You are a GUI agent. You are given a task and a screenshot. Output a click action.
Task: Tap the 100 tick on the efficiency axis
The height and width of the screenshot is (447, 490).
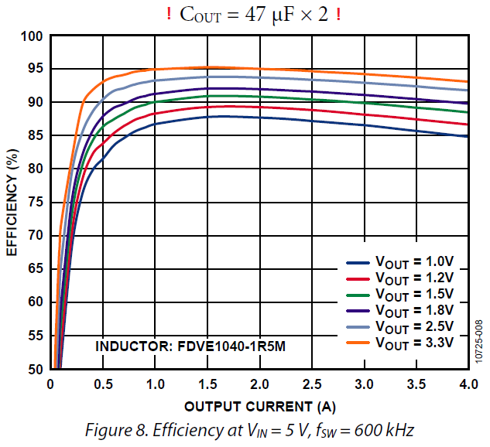31,36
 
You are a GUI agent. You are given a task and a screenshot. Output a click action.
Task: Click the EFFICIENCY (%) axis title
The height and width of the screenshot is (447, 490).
12,203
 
